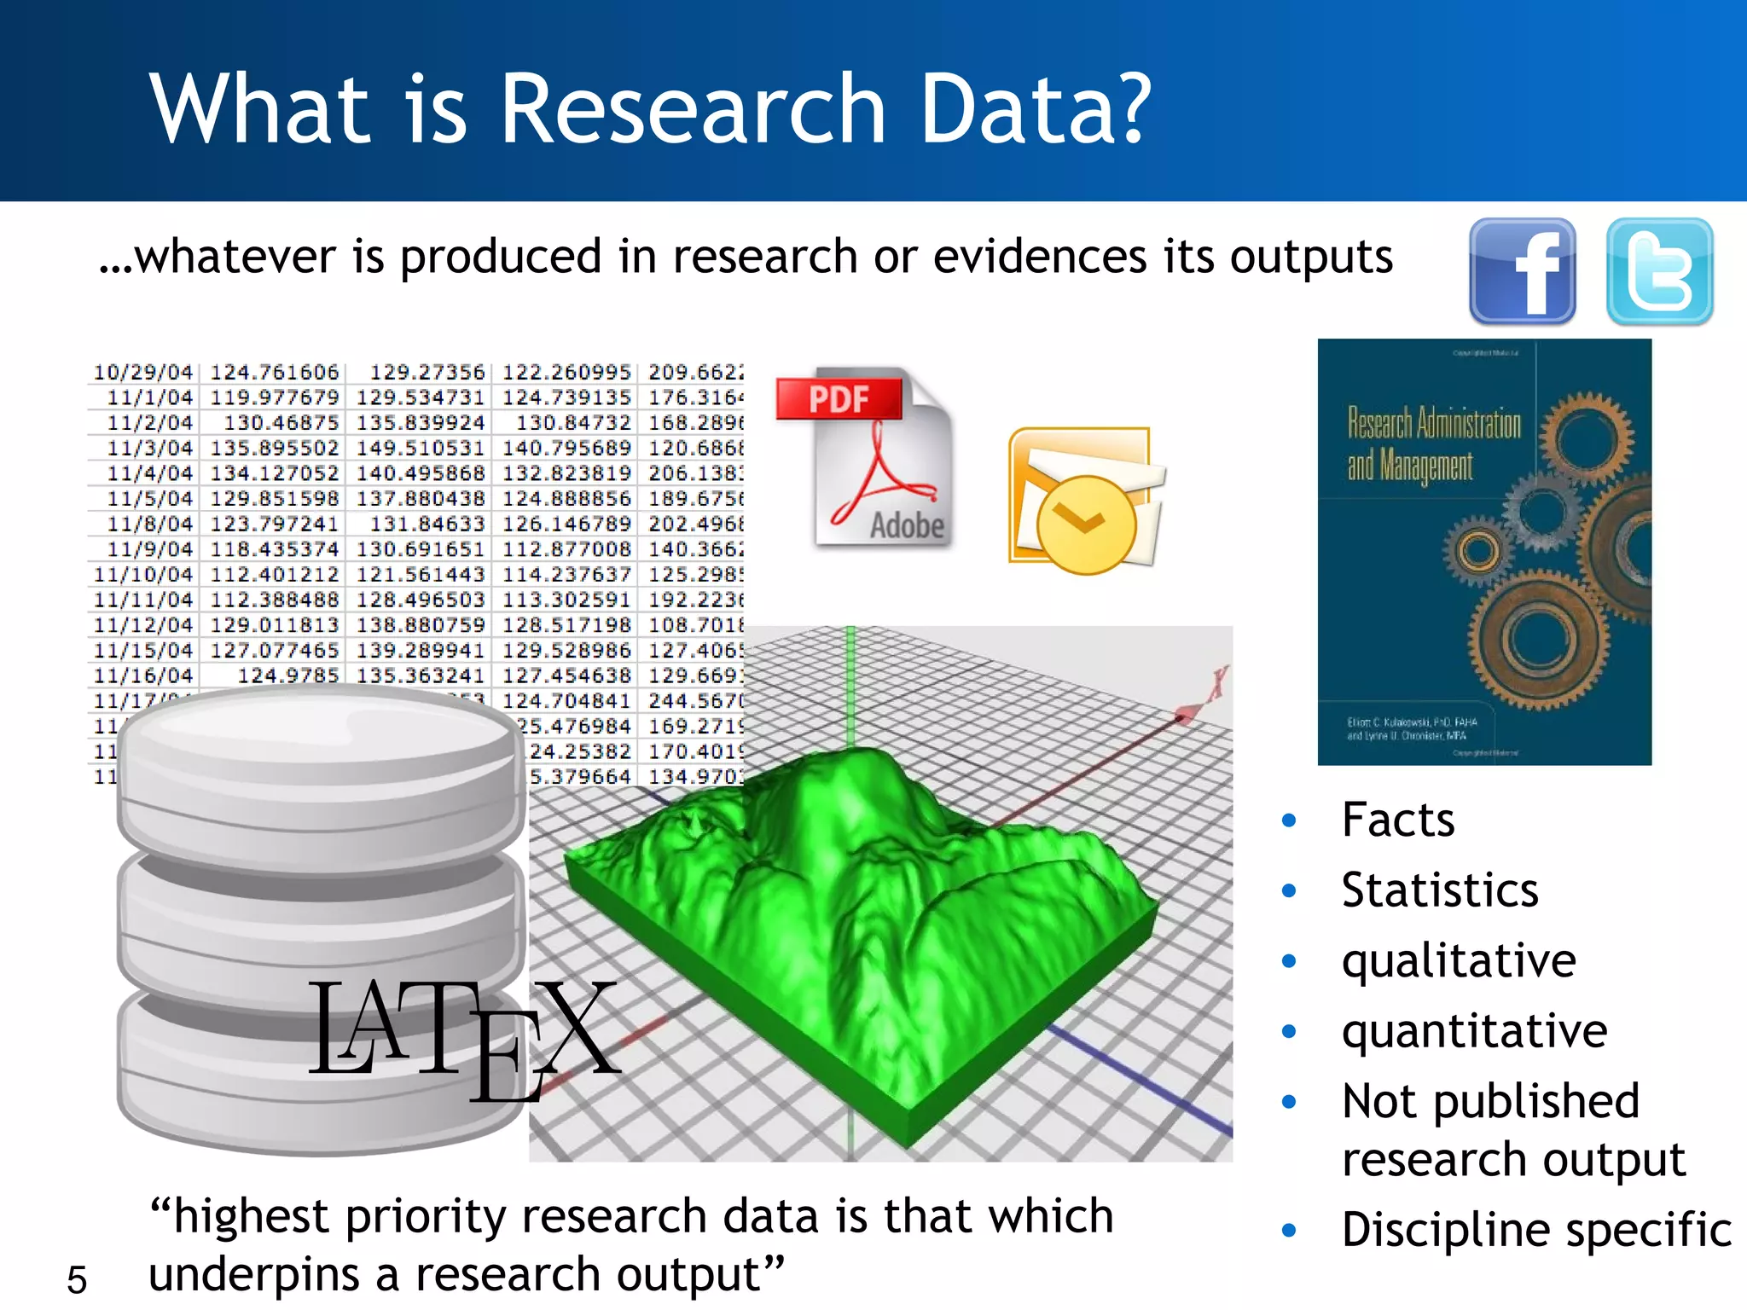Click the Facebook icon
pos(1522,271)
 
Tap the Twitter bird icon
pos(1659,271)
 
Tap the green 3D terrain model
pos(862,913)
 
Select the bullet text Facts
pos(1397,820)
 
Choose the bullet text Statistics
pos(1439,890)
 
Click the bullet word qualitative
pos(1458,961)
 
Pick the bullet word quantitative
pos(1474,1031)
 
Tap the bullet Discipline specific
pos(1535,1230)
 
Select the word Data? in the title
pos(1036,109)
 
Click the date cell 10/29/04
pos(143,373)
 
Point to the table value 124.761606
pos(275,373)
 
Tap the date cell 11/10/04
pos(143,575)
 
